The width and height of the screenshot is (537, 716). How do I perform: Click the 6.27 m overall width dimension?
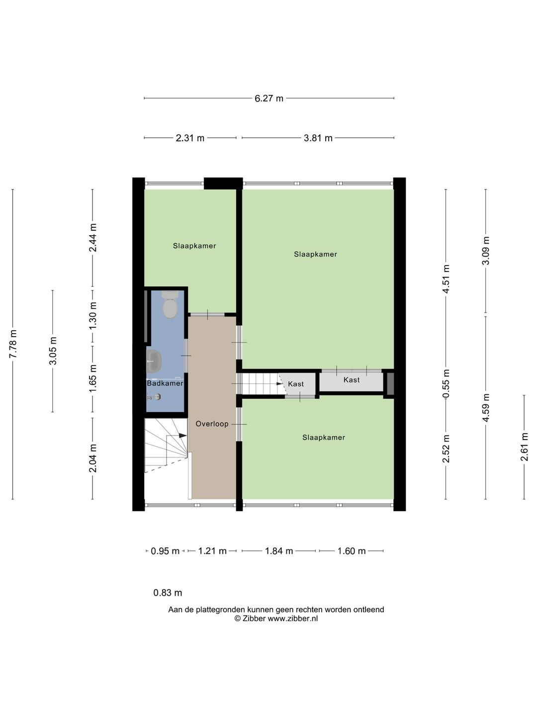[268, 98]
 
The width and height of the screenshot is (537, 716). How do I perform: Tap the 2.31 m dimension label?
[190, 138]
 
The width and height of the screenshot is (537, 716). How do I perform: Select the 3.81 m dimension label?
[318, 138]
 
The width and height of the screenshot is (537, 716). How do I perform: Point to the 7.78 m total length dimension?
[13, 344]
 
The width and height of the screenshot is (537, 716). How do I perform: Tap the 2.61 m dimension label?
[524, 447]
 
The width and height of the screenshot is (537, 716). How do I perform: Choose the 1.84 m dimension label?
[279, 551]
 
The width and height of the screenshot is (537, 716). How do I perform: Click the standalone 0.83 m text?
[168, 593]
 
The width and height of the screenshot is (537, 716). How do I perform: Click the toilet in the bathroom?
[170, 305]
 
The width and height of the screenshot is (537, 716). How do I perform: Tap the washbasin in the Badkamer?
[154, 361]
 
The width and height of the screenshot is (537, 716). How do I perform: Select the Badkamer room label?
[165, 383]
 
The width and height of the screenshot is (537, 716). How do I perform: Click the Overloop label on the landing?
[212, 424]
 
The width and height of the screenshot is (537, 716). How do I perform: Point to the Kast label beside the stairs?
[296, 384]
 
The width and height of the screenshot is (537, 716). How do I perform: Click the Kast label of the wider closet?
[352, 380]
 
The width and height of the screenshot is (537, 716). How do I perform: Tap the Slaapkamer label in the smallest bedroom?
[194, 246]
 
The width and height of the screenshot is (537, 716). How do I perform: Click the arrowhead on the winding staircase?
[182, 436]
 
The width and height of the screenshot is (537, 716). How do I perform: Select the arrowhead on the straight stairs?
[279, 383]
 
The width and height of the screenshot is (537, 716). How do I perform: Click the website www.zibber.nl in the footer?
[293, 619]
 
